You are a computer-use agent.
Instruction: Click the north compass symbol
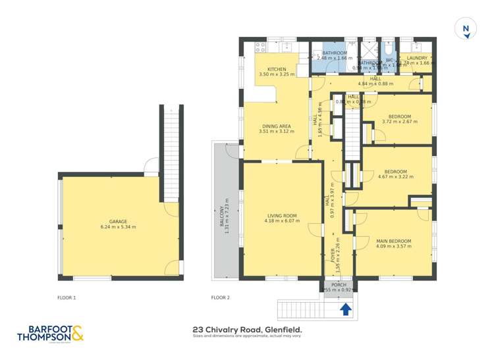point(466,30)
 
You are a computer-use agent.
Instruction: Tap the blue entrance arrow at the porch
point(345,307)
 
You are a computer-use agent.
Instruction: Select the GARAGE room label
point(119,222)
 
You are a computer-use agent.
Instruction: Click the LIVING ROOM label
point(282,215)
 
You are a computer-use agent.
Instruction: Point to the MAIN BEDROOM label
point(393,242)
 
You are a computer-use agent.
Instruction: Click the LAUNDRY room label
point(417,58)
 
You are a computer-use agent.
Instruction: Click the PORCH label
point(339,284)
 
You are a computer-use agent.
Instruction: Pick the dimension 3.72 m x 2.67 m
point(398,122)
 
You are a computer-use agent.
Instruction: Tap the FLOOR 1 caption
point(67,297)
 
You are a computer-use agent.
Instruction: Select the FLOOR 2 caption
point(220,297)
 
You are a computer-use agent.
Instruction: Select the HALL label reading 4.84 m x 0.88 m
point(375,81)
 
